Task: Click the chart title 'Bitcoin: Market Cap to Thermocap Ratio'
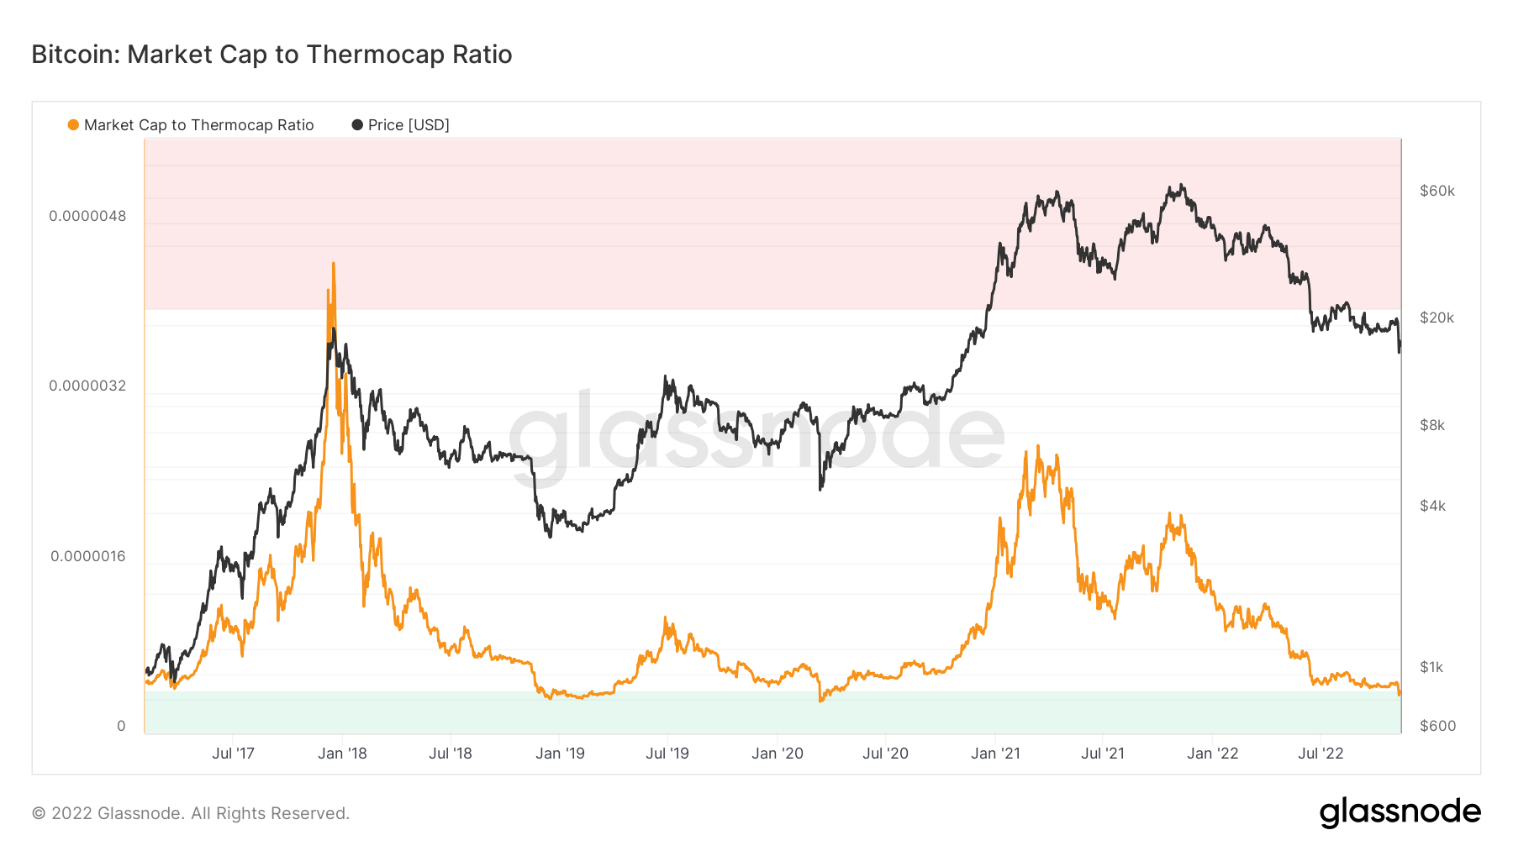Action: [x=271, y=55]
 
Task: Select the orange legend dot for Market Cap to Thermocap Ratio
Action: [x=73, y=125]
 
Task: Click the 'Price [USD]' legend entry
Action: [x=409, y=125]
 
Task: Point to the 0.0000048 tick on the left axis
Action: [x=87, y=216]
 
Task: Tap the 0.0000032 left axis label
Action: [x=87, y=386]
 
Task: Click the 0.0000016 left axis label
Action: [x=87, y=556]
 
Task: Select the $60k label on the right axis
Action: [x=1437, y=191]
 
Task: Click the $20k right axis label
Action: [x=1437, y=318]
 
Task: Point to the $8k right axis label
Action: [x=1432, y=425]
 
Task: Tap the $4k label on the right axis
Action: [x=1432, y=506]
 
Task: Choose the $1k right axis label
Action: [x=1431, y=667]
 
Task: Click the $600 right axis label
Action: [x=1437, y=726]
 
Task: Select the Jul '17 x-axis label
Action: [x=233, y=754]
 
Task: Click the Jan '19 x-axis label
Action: [x=560, y=754]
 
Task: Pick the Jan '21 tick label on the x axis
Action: [x=995, y=754]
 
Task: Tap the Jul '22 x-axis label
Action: [x=1321, y=754]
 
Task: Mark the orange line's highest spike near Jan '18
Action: [x=334, y=264]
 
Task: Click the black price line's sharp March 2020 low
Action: [x=820, y=488]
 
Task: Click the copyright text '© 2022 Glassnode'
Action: [x=191, y=813]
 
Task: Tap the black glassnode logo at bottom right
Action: [x=1400, y=812]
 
